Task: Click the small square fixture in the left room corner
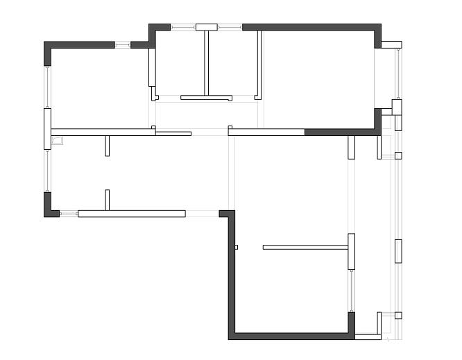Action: [x=57, y=140]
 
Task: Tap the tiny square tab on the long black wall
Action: [x=236, y=247]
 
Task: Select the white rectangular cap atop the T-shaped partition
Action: [x=206, y=27]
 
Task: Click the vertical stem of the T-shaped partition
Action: [x=206, y=63]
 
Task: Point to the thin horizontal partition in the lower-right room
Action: [x=305, y=247]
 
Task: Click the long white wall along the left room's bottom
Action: [x=131, y=214]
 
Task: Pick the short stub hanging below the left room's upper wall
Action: [x=107, y=146]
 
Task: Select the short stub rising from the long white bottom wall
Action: [x=107, y=199]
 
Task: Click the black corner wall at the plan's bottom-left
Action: [x=51, y=206]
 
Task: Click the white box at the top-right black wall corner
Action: [x=391, y=44]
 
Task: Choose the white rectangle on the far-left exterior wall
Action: [x=47, y=128]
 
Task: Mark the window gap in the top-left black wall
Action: [x=122, y=45]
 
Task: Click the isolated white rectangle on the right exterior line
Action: [x=398, y=251]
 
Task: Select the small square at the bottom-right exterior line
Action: [x=398, y=316]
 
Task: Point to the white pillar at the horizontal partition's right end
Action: [x=351, y=252]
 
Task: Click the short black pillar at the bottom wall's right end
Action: [x=351, y=323]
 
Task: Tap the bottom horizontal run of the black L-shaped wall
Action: [x=291, y=336]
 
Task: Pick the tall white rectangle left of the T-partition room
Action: [x=152, y=67]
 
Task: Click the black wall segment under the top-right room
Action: [x=340, y=132]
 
